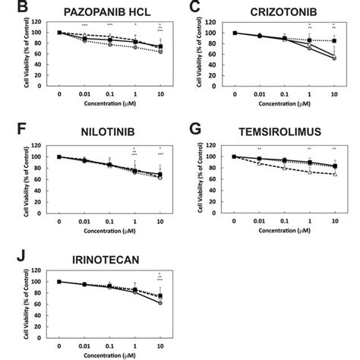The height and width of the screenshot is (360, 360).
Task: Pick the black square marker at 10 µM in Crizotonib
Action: tap(335, 40)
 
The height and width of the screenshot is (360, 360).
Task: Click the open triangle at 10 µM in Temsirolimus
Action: tap(335, 174)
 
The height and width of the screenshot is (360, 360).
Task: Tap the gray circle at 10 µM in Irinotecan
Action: tap(159, 303)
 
